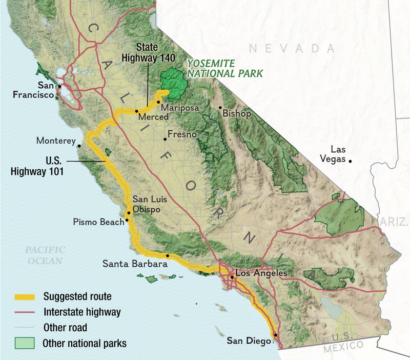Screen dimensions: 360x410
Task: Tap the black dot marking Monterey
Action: tap(79, 146)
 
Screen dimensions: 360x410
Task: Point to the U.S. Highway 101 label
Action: tap(37, 167)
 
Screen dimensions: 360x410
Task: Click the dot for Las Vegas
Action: tap(351, 161)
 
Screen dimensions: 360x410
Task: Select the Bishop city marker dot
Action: tap(220, 108)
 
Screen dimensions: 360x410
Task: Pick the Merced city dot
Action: tap(137, 111)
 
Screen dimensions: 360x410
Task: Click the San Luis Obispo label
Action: tap(150, 204)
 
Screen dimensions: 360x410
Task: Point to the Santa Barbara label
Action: tap(135, 265)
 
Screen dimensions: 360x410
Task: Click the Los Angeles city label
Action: tap(261, 273)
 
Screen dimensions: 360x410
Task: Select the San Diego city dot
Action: tap(275, 335)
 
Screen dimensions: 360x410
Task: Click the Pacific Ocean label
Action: tap(45, 255)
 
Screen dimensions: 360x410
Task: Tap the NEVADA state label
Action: tap(292, 49)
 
